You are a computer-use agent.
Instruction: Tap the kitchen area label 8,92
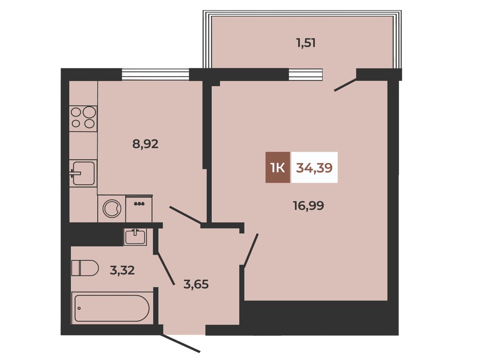click(145, 144)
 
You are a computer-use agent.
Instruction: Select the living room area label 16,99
click(308, 205)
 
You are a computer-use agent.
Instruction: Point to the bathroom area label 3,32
click(122, 271)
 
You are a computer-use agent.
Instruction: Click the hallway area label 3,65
click(196, 284)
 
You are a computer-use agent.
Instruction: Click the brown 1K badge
click(278, 167)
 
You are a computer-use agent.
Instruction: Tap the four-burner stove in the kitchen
click(83, 118)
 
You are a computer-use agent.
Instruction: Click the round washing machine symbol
click(112, 208)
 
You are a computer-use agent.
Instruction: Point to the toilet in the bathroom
click(85, 268)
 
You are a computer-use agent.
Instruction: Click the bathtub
click(112, 308)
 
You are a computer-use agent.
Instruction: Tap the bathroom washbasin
click(135, 237)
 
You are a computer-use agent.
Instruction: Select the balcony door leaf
click(345, 85)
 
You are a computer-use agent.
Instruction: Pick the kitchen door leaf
click(186, 215)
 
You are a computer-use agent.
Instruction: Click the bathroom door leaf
click(166, 268)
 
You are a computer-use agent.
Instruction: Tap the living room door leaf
click(251, 250)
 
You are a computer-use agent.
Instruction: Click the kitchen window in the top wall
click(155, 75)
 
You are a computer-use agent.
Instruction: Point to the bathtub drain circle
click(79, 308)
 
